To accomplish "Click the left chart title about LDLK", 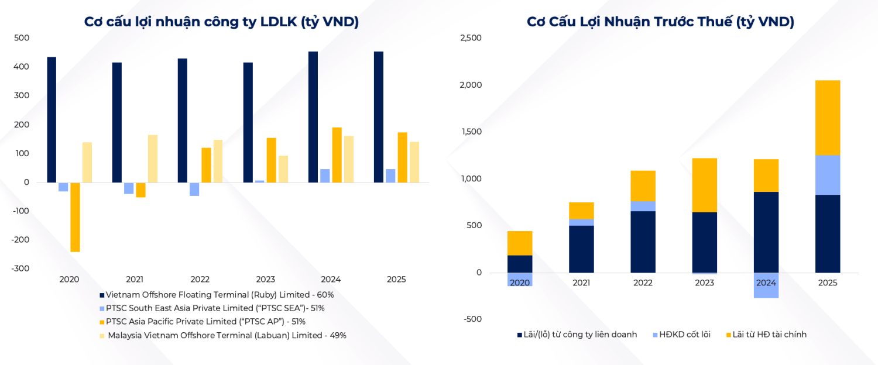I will point(221,22).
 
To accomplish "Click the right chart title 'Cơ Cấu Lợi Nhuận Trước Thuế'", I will point(660,22).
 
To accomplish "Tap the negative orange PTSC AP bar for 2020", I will point(75,217).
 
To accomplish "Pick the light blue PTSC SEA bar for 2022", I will point(194,189).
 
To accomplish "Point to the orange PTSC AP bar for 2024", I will point(337,154).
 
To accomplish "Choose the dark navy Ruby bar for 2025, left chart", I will point(379,117).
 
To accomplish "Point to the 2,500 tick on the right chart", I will point(471,38).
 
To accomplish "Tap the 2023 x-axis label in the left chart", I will point(265,280).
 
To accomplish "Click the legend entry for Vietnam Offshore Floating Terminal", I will point(220,295).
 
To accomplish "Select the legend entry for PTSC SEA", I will point(215,308).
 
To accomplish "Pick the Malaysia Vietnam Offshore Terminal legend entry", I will point(227,335).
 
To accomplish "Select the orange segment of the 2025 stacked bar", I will point(828,117).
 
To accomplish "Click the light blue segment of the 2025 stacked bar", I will point(828,175).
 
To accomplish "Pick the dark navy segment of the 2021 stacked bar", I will point(581,249).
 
